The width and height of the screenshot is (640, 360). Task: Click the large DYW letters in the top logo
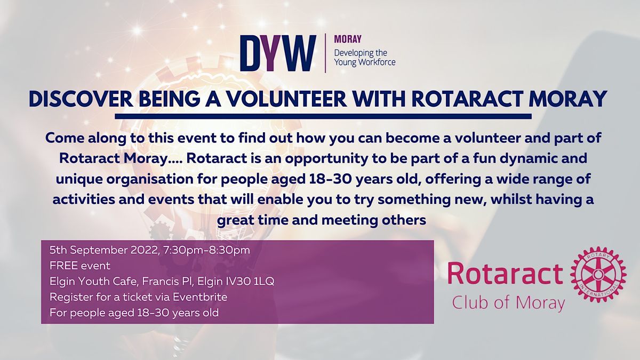click(x=277, y=53)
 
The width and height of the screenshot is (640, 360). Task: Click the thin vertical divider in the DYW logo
click(x=325, y=53)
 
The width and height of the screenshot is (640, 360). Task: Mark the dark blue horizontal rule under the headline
click(x=323, y=116)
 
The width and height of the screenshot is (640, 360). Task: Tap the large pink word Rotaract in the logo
click(x=505, y=274)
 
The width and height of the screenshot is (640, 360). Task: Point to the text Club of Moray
click(x=508, y=302)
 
